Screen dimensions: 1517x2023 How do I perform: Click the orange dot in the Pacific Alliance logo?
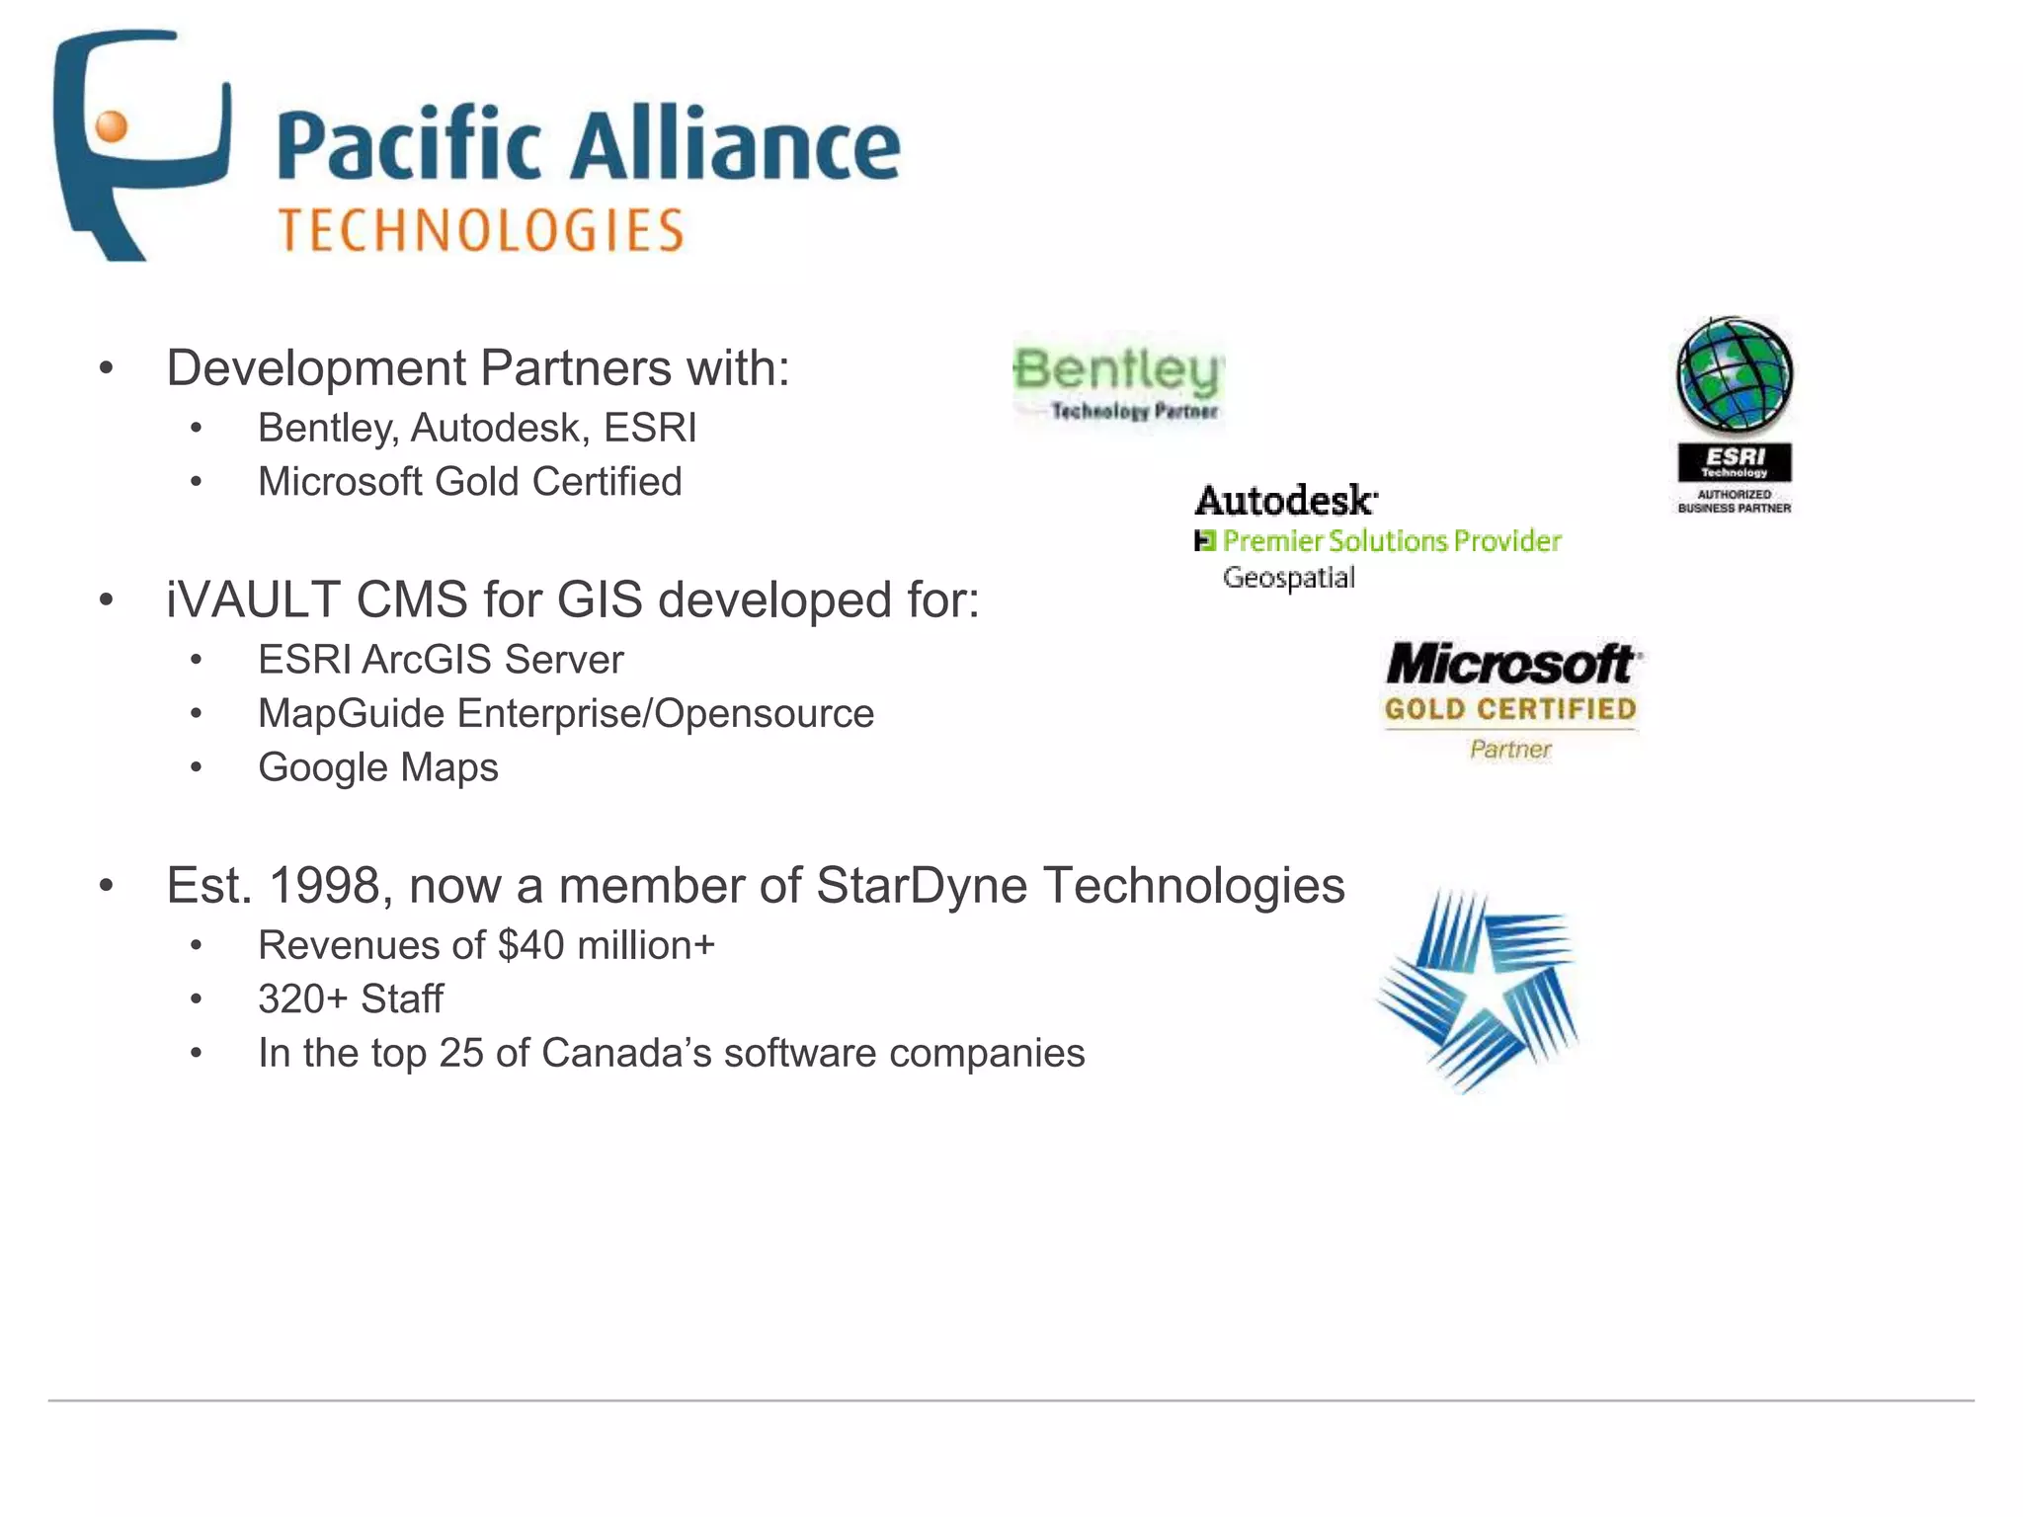pyautogui.click(x=113, y=126)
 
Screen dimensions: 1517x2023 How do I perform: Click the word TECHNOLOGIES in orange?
pyautogui.click(x=481, y=230)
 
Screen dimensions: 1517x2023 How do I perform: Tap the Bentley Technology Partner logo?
pyautogui.click(x=1119, y=382)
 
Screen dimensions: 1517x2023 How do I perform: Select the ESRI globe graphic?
pyautogui.click(x=1735, y=375)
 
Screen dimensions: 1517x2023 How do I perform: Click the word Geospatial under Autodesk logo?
pyautogui.click(x=1288, y=578)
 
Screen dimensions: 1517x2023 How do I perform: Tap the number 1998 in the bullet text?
pyautogui.click(x=324, y=885)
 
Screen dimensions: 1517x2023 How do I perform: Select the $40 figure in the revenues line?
pyautogui.click(x=530, y=945)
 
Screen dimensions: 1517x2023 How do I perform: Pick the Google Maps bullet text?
pyautogui.click(x=377, y=767)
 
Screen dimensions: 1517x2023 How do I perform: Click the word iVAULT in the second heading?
pyautogui.click(x=252, y=599)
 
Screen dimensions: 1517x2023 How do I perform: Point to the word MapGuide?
pyautogui.click(x=351, y=714)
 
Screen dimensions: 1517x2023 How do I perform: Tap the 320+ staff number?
pyautogui.click(x=302, y=998)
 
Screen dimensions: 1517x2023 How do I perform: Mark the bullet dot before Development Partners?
pyautogui.click(x=107, y=368)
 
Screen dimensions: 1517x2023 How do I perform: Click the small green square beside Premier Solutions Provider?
pyautogui.click(x=1204, y=541)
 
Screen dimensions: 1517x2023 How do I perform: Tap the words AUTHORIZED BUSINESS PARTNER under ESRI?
pyautogui.click(x=1734, y=501)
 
